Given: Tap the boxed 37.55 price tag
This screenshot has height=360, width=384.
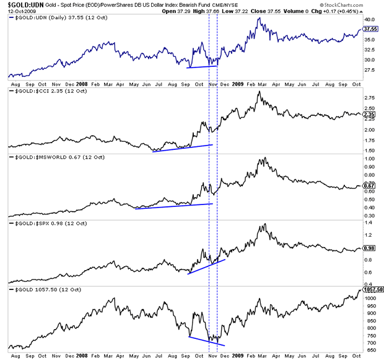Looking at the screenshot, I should pos(370,29).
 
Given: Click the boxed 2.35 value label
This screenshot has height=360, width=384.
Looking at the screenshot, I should pos(369,114).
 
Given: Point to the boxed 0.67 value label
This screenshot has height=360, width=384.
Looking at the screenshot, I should pos(369,185).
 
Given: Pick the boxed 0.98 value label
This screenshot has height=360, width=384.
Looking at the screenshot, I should pos(369,248).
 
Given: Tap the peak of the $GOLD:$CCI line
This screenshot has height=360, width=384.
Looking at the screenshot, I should pos(259,92).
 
